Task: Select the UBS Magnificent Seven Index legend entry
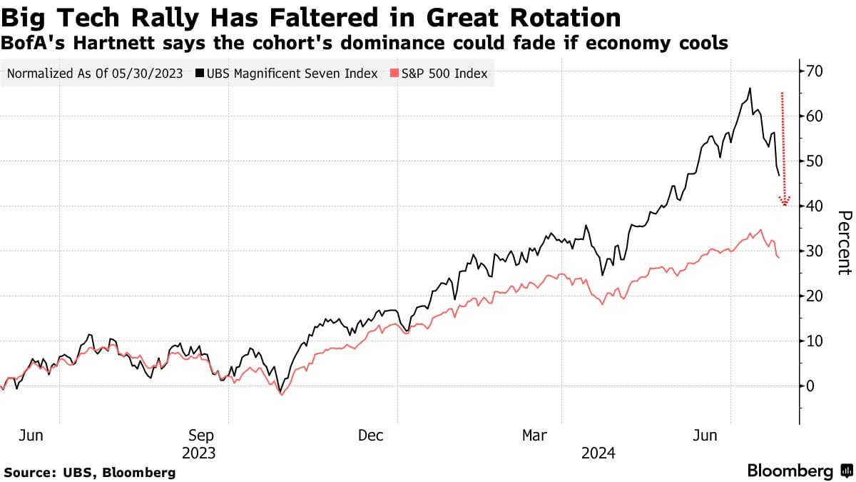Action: (x=290, y=74)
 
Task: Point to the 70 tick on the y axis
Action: (x=816, y=71)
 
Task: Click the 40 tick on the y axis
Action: (x=816, y=206)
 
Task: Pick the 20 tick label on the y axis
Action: (x=816, y=296)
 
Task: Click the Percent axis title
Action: (x=844, y=243)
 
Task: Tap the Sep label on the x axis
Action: (x=200, y=436)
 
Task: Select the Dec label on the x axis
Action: (x=371, y=436)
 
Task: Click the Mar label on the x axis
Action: (x=535, y=436)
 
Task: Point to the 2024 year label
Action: (x=599, y=453)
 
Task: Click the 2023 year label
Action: (x=200, y=453)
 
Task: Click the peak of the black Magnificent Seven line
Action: (x=750, y=89)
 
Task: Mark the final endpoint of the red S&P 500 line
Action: (x=778, y=257)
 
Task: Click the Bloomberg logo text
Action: (x=790, y=471)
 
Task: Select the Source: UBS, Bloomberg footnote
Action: (x=90, y=472)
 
